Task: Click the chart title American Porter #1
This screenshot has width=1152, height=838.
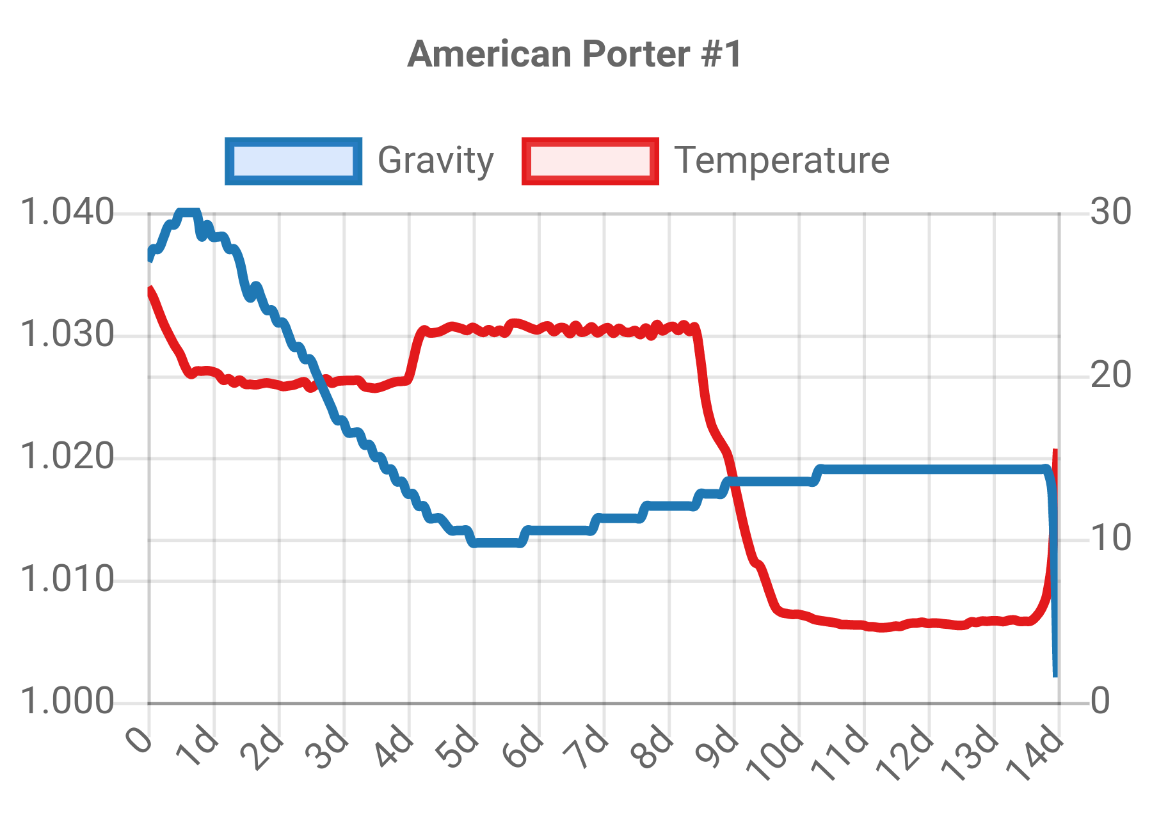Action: (x=574, y=54)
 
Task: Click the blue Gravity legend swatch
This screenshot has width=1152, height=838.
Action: (x=294, y=161)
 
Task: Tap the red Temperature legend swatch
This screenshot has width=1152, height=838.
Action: (x=590, y=161)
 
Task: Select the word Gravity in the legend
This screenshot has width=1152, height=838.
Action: (x=435, y=161)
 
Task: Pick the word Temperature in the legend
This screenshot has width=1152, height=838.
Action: (x=781, y=161)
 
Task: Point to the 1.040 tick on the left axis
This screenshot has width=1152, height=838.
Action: (x=67, y=212)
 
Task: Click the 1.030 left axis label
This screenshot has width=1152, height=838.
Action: (x=67, y=335)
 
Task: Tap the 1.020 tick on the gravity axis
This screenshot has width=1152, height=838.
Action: (x=67, y=458)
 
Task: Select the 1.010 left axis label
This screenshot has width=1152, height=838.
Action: (x=67, y=581)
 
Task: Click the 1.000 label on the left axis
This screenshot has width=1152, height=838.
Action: (x=67, y=703)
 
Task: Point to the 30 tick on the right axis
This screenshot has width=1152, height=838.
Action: (x=1111, y=212)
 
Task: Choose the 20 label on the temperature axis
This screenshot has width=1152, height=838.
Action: (x=1111, y=376)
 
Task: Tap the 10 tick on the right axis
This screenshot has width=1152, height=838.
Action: (x=1111, y=539)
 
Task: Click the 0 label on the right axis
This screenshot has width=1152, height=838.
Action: (x=1101, y=702)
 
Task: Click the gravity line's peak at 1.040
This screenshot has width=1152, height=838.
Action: (x=188, y=212)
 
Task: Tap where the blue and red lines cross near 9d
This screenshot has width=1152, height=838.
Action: (x=735, y=482)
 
